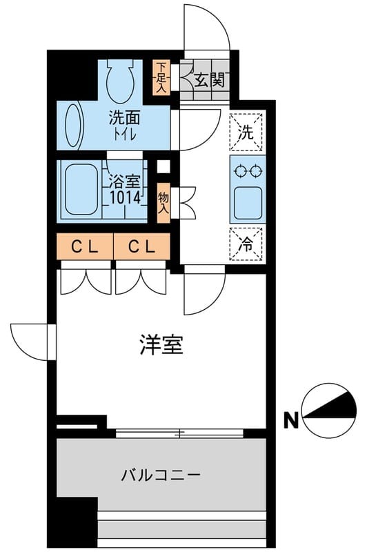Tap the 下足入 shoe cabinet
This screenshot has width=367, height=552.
[x=160, y=77]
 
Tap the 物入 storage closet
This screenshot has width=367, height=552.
[x=163, y=201]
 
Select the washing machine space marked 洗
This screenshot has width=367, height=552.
[x=246, y=131]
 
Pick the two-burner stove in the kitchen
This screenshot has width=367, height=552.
[x=246, y=170]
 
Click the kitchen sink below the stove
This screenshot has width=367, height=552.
[x=246, y=203]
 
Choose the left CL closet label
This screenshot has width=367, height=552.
[x=83, y=245]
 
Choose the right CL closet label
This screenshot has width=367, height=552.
[x=141, y=245]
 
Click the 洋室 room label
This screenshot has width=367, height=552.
[x=161, y=345]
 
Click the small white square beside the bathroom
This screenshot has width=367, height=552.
[x=163, y=166]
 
